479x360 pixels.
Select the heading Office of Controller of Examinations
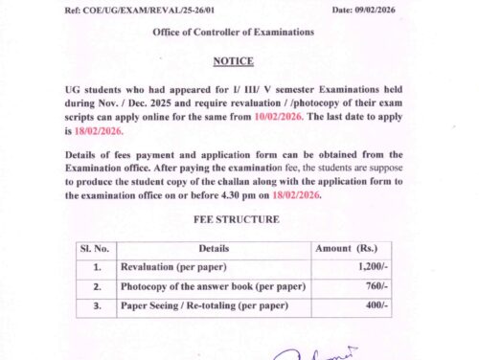point(233,33)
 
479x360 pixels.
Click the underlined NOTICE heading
point(234,58)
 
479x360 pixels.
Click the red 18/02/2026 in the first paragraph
point(102,125)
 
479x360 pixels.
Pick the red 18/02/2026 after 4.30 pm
point(297,194)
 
